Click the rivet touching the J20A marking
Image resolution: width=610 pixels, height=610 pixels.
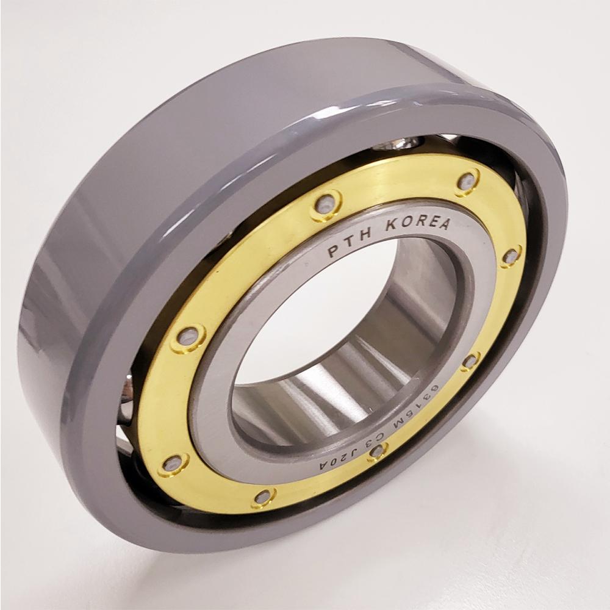pyautogui.click(x=378, y=451)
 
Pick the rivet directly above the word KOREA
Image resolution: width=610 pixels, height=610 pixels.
pyautogui.click(x=467, y=181)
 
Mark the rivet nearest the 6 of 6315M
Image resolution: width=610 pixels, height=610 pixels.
pyautogui.click(x=470, y=361)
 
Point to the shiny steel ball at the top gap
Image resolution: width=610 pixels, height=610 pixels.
pyautogui.click(x=396, y=144)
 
